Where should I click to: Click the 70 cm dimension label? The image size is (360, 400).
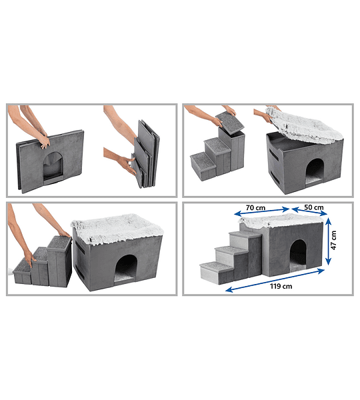click(x=255, y=207)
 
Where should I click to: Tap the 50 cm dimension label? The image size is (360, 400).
click(x=313, y=207)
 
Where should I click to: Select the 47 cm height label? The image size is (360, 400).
click(x=333, y=240)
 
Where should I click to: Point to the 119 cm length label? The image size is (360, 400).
click(x=281, y=286)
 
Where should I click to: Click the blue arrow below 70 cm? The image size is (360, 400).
click(x=262, y=211)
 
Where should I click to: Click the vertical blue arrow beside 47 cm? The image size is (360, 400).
click(x=329, y=241)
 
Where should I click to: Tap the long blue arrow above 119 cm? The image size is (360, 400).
click(x=275, y=280)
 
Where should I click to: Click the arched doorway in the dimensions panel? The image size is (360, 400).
click(x=298, y=255)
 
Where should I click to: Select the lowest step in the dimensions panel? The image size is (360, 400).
click(x=217, y=272)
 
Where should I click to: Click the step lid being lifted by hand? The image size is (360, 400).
click(x=229, y=121)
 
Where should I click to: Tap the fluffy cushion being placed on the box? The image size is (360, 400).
click(x=303, y=125)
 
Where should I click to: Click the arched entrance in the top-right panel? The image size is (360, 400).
click(x=315, y=171)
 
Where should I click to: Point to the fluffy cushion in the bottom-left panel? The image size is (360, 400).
click(x=117, y=227)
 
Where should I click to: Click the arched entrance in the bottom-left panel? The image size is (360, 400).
click(x=125, y=269)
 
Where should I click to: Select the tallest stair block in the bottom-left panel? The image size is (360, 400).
click(x=59, y=261)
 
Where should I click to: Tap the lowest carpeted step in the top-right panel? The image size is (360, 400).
click(x=203, y=166)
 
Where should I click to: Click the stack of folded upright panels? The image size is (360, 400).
click(x=145, y=154)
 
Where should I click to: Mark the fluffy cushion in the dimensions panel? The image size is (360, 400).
click(x=281, y=221)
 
